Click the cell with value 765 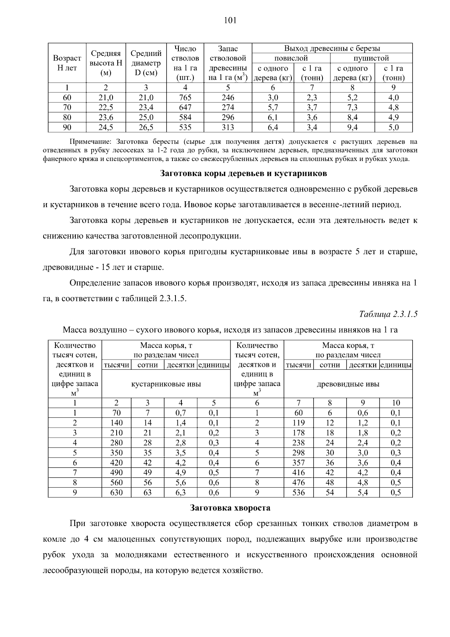point(185,98)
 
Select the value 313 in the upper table point(228,127)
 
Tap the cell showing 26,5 point(146,127)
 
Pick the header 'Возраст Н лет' point(67,63)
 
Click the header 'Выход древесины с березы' point(332,48)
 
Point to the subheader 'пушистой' point(371,58)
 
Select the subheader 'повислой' point(291,58)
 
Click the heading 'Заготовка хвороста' point(230,508)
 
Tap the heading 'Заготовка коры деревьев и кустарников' point(243,173)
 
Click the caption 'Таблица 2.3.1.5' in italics point(388,314)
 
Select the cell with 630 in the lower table point(116,492)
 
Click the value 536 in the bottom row point(298,492)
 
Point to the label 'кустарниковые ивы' point(166,384)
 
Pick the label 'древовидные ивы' point(348,384)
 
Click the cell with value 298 point(298,453)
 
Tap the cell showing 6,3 point(180,492)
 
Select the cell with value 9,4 point(352,127)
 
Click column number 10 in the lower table point(396,403)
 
